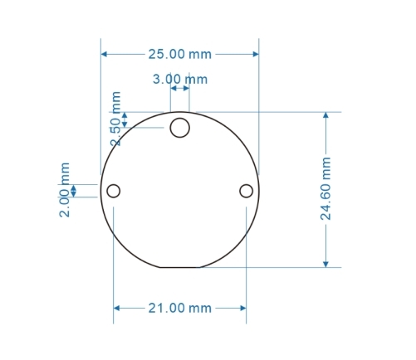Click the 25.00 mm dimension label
pyautogui.click(x=179, y=55)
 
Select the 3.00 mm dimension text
pyautogui.click(x=179, y=80)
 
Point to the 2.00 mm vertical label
pyautogui.click(x=65, y=190)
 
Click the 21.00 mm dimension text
pyautogui.click(x=179, y=308)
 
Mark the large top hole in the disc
pyautogui.click(x=180, y=128)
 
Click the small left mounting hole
pyautogui.click(x=114, y=191)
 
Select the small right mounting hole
pyautogui.click(x=246, y=191)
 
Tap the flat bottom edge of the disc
pyautogui.click(x=180, y=267)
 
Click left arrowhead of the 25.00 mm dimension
pyautogui.click(x=105, y=55)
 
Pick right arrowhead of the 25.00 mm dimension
pyautogui.click(x=255, y=55)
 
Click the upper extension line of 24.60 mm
pyautogui.click(x=274, y=111)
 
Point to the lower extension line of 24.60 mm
pyautogui.click(x=274, y=267)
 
